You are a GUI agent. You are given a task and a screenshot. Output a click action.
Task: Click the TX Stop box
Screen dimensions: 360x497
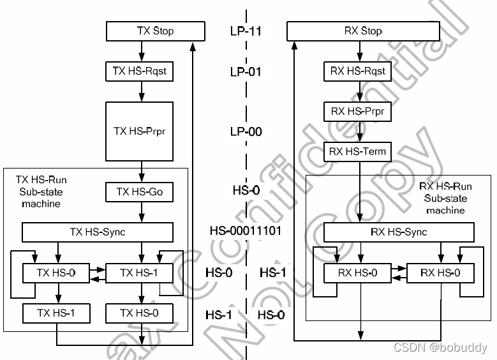click(x=155, y=31)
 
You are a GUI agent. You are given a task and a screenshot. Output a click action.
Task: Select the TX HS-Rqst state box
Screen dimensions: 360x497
click(x=139, y=71)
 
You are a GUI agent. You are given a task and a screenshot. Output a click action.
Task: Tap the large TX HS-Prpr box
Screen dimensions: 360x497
click(x=139, y=131)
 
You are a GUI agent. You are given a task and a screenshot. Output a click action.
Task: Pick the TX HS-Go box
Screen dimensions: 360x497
click(x=139, y=192)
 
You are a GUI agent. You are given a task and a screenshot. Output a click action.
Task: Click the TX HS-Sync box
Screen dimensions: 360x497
click(x=98, y=232)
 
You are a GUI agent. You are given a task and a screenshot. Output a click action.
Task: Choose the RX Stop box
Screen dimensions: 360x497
click(x=363, y=31)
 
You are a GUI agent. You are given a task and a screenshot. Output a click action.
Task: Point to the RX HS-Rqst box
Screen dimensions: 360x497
click(x=357, y=71)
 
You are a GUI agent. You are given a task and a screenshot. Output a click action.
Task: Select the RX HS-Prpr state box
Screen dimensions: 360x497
click(x=357, y=112)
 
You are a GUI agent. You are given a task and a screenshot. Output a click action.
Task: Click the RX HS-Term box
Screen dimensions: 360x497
click(x=357, y=152)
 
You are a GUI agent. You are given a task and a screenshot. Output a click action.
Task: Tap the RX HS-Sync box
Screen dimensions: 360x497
click(x=399, y=232)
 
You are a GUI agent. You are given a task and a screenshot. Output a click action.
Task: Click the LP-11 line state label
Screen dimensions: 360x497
click(x=246, y=31)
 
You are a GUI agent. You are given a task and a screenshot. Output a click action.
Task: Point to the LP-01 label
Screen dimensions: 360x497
click(x=246, y=71)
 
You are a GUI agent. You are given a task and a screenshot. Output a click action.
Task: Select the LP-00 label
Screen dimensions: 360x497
click(x=246, y=132)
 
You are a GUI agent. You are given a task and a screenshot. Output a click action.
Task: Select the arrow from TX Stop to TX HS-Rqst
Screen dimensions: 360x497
click(x=139, y=50)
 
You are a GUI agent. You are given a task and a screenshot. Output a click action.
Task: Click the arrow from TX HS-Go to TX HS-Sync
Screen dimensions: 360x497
click(x=139, y=212)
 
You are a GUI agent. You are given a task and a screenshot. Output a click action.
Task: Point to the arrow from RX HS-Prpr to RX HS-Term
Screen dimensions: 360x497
click(x=360, y=132)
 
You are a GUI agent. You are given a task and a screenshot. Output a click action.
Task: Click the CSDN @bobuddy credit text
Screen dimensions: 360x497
click(x=440, y=348)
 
